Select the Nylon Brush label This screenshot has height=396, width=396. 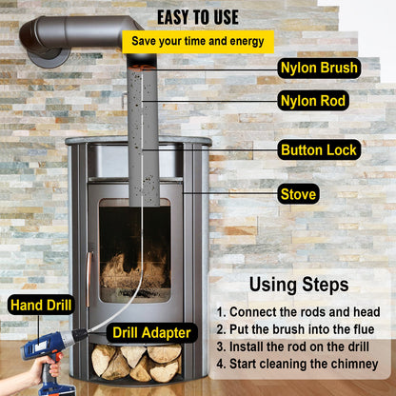[318, 68]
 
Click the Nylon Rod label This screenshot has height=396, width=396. [313, 100]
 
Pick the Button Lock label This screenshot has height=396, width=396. [319, 149]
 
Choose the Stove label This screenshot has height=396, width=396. [298, 194]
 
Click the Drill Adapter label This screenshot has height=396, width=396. [152, 332]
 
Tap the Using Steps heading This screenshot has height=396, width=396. [299, 284]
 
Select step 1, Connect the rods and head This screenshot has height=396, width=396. [298, 312]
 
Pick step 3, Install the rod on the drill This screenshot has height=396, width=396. [298, 346]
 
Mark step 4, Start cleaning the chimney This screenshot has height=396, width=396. [298, 364]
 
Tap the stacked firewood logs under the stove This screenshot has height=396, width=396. [137, 361]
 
